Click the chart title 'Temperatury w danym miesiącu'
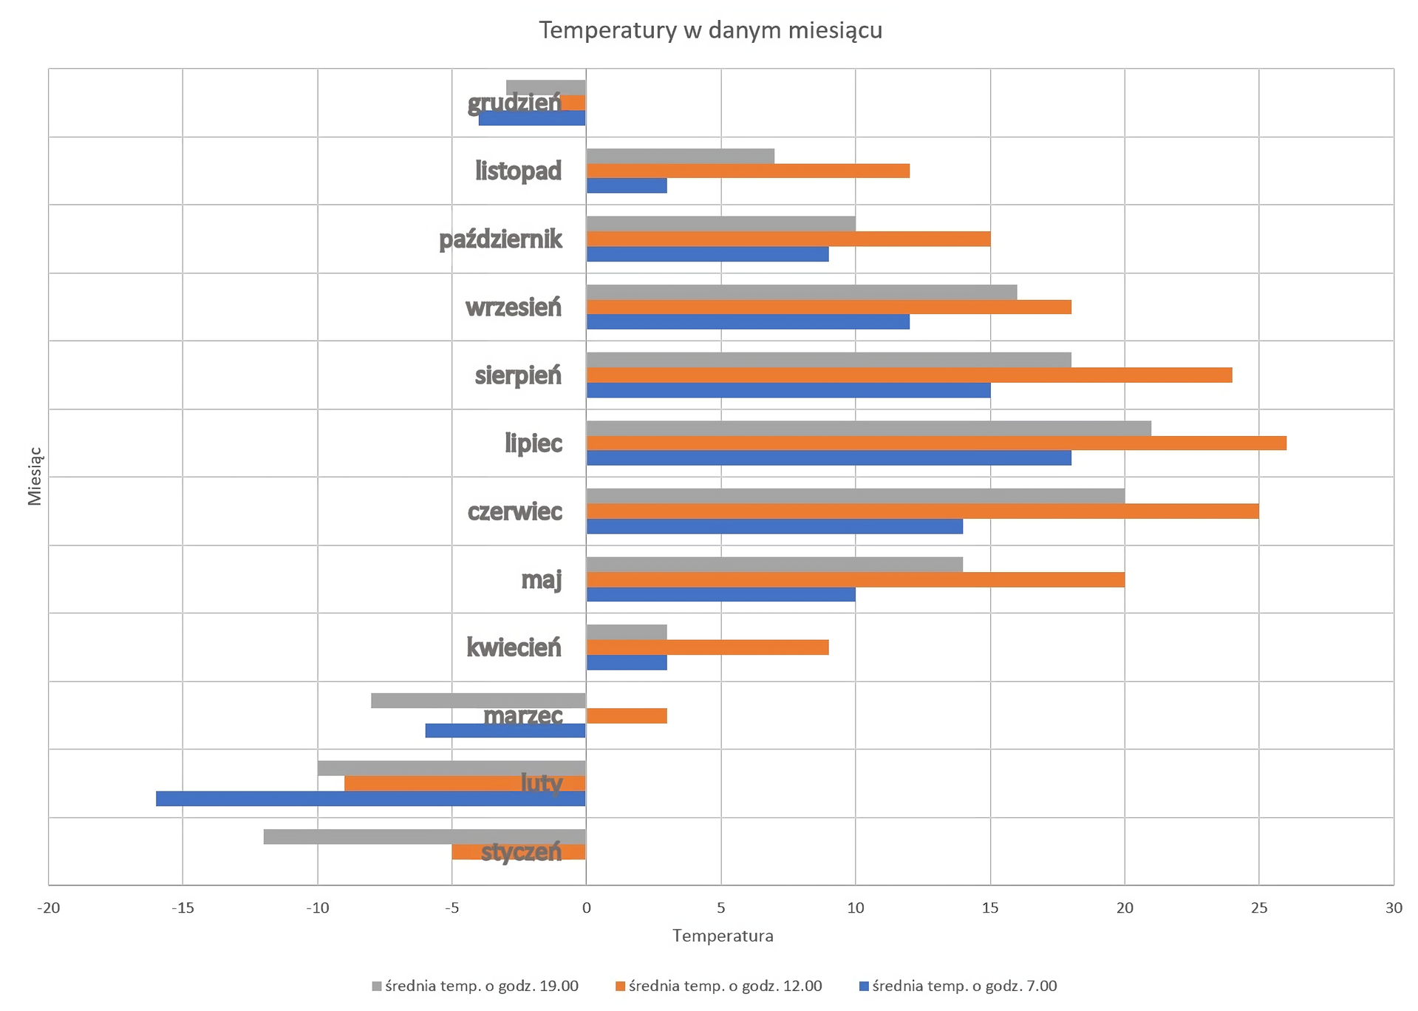710,30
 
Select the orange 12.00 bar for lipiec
935,443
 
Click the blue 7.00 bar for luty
370,799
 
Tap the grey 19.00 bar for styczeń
424,837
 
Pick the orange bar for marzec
627,715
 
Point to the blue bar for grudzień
532,118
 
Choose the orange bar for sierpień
909,375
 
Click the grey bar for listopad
680,156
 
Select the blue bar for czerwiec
774,526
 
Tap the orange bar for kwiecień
707,647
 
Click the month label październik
500,239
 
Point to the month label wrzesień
513,307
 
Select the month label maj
541,579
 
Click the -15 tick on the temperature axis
183,908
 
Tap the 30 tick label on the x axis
1393,908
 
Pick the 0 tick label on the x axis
586,908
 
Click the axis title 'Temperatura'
723,936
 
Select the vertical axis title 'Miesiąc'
35,477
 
